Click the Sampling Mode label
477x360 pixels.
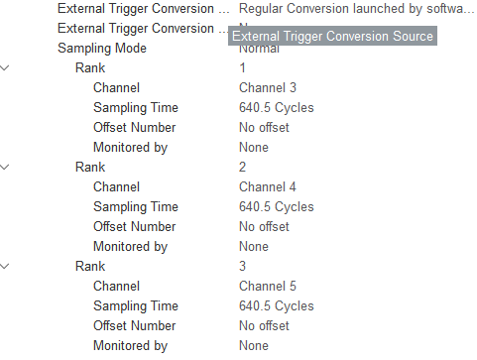(101, 48)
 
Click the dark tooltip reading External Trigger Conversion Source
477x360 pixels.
(332, 37)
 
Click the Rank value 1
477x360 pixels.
(243, 67)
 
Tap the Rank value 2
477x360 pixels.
(243, 167)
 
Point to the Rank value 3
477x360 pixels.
(243, 266)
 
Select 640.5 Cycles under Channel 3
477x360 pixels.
(277, 107)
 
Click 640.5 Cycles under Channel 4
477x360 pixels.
(277, 206)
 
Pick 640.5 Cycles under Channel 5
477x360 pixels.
(277, 305)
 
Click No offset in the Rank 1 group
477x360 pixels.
(264, 127)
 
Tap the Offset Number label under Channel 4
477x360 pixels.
(134, 226)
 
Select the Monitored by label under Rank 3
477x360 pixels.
(130, 345)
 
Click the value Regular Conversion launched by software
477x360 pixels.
(350, 8)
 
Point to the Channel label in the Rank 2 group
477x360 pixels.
(116, 186)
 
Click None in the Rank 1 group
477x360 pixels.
(254, 147)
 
